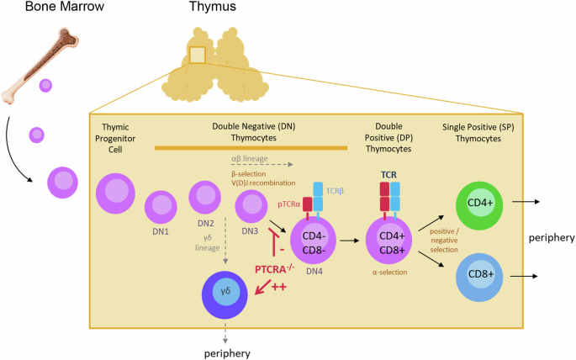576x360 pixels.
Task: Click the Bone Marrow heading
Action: point(41,8)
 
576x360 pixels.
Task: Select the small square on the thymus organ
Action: point(198,56)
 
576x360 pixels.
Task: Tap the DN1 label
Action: point(161,230)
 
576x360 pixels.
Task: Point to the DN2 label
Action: point(204,223)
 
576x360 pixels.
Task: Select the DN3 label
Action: point(251,231)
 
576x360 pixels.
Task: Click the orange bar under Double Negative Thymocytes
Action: point(251,149)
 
